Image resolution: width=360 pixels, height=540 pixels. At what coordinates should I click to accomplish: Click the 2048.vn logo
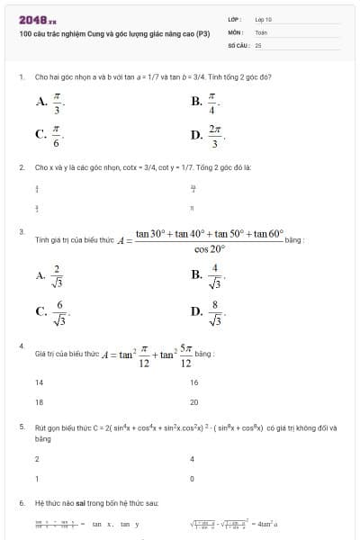point(37,19)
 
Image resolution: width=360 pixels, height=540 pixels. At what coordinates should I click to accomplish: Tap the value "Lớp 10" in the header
point(264,19)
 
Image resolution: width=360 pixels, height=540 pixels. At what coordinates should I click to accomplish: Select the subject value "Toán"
point(261,31)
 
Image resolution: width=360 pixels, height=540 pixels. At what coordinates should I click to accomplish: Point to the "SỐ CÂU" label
point(238,44)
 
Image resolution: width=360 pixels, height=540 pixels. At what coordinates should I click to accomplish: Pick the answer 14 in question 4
point(39,382)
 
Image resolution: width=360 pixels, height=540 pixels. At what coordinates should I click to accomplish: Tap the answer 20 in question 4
point(194,401)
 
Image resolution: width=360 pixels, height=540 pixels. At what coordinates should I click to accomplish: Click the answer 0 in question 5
point(193,478)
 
